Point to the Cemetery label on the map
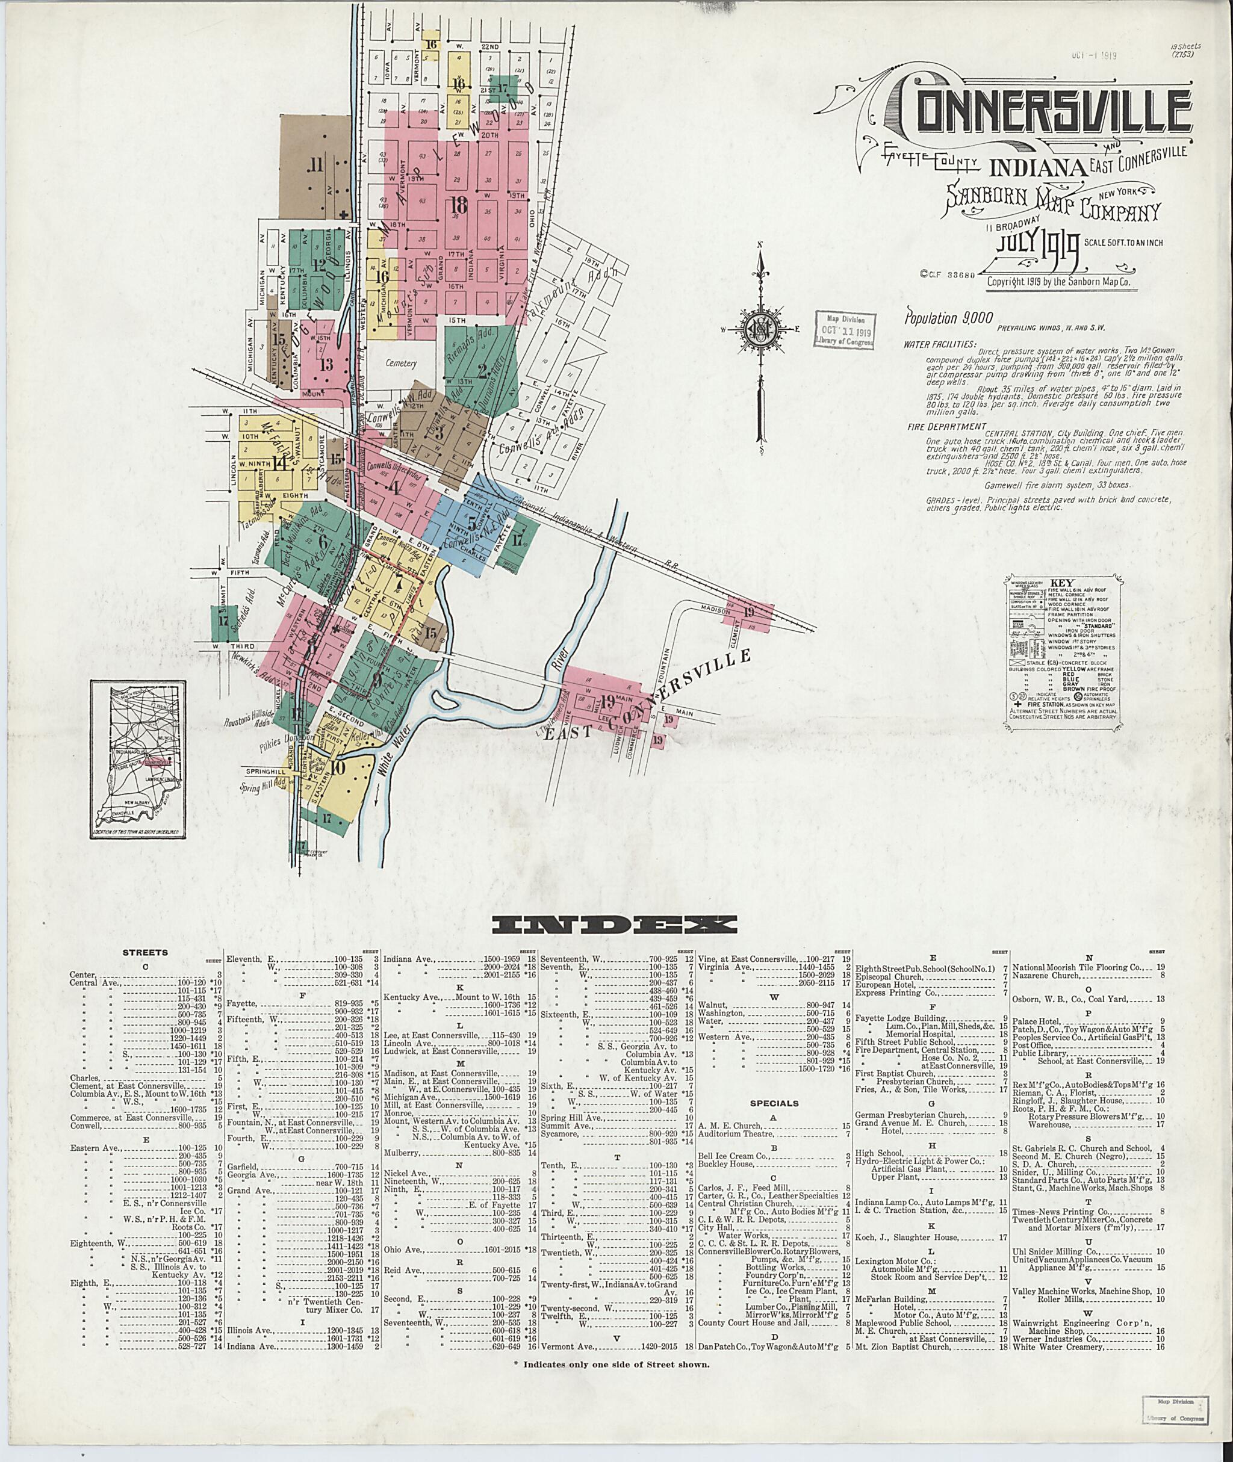401,364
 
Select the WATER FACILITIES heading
939,344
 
